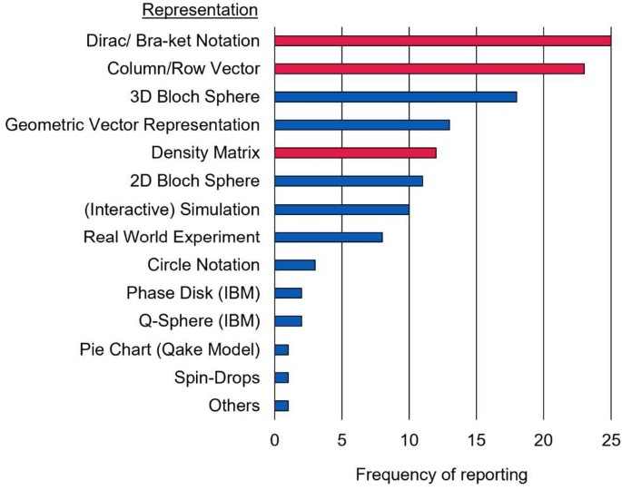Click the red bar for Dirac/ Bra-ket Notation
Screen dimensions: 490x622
click(442, 41)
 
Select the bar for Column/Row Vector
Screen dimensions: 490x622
click(429, 69)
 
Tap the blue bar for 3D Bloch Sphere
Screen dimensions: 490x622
click(395, 97)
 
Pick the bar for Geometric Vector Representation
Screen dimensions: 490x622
click(361, 125)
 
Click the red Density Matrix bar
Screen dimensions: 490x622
click(355, 152)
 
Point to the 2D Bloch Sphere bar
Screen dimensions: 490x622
click(348, 181)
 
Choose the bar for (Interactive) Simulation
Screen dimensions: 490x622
click(341, 209)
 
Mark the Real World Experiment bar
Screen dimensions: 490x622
click(328, 237)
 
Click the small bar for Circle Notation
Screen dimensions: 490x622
click(294, 265)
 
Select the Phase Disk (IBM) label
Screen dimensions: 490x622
click(193, 293)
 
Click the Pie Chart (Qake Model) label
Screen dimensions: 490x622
click(169, 349)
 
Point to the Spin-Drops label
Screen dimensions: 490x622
click(217, 377)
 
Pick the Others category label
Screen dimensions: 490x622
click(233, 406)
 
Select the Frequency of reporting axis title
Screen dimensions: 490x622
click(441, 475)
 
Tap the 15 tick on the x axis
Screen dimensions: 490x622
click(476, 441)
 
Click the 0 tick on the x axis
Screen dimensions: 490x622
click(274, 441)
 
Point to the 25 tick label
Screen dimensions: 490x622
click(610, 441)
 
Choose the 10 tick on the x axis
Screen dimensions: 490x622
click(409, 441)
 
